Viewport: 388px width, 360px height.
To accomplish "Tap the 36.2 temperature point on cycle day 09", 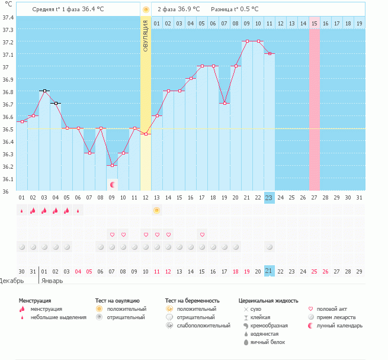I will pos(112,165).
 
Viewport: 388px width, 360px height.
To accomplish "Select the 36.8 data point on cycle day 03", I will pos(44,91).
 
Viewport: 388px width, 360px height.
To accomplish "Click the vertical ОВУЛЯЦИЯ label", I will pos(146,36).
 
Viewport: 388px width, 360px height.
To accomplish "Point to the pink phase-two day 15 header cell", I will pos(314,23).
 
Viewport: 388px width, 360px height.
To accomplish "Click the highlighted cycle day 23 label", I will pos(269,198).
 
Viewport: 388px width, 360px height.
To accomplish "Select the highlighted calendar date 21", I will pos(269,271).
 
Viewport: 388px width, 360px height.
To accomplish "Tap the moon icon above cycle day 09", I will pos(112,185).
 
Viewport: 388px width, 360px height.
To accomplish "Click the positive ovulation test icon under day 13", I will pos(157,210).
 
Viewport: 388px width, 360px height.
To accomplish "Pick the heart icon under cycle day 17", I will pos(202,235).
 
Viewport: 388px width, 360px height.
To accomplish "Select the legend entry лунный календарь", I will pos(340,326).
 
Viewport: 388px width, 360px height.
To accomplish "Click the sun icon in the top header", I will pos(146,9).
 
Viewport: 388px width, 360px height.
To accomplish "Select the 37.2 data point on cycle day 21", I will pos(246,41).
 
